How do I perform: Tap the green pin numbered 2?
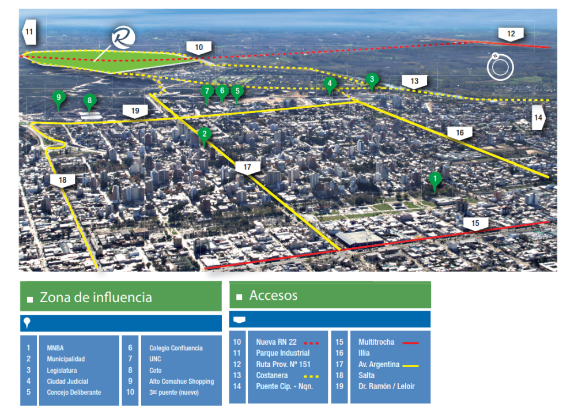[x=203, y=135]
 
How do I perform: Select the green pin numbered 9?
[x=58, y=97]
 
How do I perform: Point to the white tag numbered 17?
[x=247, y=168]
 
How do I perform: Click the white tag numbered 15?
[x=475, y=223]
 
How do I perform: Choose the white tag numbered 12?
[x=511, y=34]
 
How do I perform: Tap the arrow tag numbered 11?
[x=29, y=32]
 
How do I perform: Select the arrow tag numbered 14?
[x=538, y=118]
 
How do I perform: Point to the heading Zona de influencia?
[x=96, y=297]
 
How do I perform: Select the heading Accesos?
[x=273, y=296]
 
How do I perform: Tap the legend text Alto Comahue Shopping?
[x=182, y=381]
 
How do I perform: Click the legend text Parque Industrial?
[x=283, y=353]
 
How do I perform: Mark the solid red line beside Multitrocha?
[x=410, y=342]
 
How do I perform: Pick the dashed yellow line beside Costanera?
[x=311, y=375]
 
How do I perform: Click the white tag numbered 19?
[x=135, y=111]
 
